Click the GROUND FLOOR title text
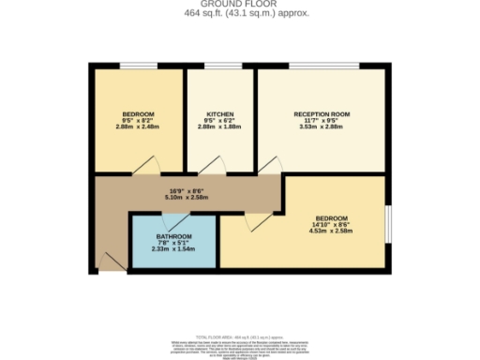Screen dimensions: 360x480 click(239, 4)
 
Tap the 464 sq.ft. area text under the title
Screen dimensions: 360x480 click(239, 12)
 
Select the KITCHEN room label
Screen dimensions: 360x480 click(220, 114)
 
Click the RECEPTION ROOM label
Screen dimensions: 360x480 click(322, 114)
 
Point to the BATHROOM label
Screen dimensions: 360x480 click(173, 236)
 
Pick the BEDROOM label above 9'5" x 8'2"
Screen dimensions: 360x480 click(138, 114)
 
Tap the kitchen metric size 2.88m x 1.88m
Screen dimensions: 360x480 click(220, 127)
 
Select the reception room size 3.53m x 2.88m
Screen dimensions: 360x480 click(322, 127)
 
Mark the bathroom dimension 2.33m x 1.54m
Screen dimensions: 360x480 click(173, 249)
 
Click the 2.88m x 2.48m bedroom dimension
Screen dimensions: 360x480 click(138, 127)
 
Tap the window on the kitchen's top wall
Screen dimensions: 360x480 click(221, 66)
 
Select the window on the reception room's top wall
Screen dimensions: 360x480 click(322, 66)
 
